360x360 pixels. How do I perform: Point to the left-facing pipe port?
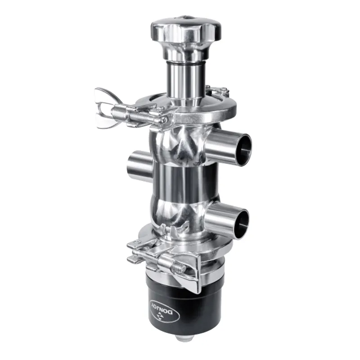point(137,164)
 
